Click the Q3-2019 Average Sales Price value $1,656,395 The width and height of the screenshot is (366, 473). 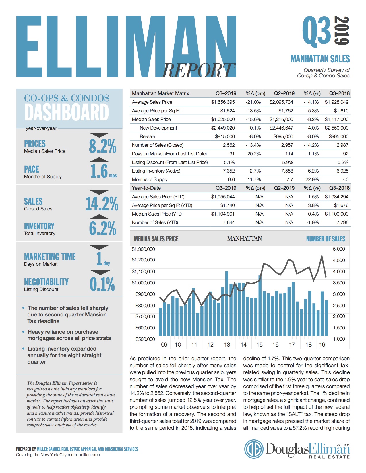(223, 102)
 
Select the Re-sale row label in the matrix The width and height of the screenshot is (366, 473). (147, 136)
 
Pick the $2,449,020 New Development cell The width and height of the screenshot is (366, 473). (223, 128)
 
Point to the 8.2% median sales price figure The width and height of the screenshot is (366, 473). (102, 146)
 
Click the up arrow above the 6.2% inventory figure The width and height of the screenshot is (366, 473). (99, 217)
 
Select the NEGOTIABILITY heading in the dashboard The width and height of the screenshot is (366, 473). (46, 282)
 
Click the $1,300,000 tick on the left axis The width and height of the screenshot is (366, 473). (143, 249)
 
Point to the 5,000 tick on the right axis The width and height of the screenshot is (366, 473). (339, 249)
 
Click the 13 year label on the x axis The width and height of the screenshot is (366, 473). (227, 345)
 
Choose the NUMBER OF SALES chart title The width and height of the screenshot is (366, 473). (326, 239)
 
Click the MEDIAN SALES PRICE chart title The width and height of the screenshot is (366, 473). (156, 239)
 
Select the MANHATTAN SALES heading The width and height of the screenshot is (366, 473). (320, 59)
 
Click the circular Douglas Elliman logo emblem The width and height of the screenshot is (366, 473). (254, 449)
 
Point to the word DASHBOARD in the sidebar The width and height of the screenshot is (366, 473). (67, 112)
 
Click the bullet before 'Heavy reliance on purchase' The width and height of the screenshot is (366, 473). (23, 332)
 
